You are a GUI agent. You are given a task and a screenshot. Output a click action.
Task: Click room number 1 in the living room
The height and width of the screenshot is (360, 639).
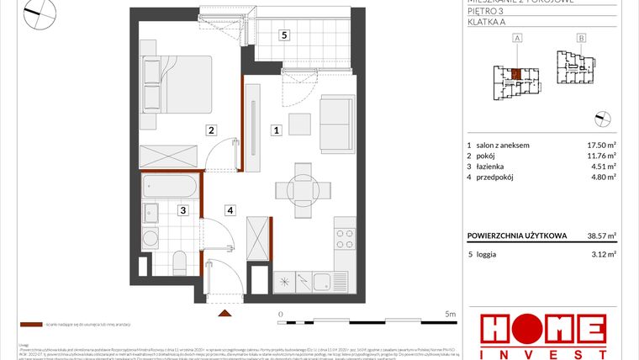click(x=275, y=130)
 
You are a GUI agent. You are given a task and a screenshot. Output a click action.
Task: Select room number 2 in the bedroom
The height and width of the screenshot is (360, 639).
click(x=212, y=130)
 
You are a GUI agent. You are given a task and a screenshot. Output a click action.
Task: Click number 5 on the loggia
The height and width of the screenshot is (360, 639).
click(x=284, y=35)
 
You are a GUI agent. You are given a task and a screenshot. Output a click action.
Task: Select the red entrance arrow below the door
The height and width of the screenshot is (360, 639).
click(x=224, y=313)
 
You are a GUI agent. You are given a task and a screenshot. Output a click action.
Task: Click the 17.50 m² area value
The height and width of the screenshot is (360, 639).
click(x=601, y=145)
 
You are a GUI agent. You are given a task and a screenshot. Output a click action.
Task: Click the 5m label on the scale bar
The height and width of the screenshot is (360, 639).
click(x=451, y=315)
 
